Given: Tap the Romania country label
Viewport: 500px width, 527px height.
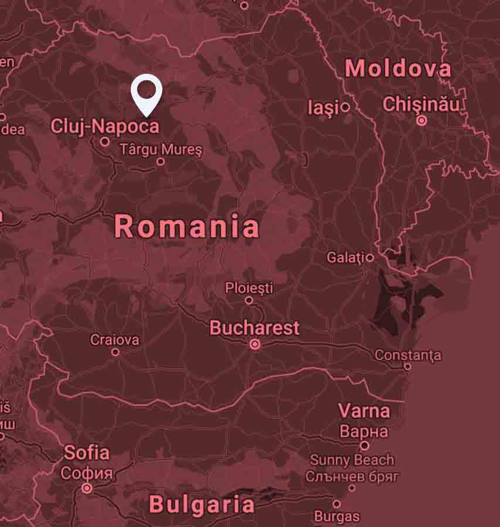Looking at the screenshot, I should point(186,227).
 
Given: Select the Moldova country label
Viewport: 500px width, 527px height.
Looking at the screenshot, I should point(398,69).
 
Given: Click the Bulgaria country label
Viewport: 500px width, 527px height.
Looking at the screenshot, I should point(202,504).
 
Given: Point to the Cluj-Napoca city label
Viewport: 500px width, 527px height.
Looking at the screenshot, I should point(105,126).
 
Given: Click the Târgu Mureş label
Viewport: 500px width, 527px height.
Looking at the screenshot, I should point(161,150).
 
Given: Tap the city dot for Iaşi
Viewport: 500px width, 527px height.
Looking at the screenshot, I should point(345,107).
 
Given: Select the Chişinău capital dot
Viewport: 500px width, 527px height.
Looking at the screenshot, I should point(421,121).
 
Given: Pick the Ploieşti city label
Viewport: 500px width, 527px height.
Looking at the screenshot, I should point(249,288).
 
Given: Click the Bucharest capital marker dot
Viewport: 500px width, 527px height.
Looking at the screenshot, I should point(255,345).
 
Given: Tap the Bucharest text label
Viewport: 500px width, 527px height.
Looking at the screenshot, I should point(254,328).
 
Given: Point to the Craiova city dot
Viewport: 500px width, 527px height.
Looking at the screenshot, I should point(115,352).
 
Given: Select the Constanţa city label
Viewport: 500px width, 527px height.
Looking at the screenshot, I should point(408,355).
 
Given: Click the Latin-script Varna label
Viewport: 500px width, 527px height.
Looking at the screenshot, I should point(364,411).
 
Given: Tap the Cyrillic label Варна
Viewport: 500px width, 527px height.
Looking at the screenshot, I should point(364,432).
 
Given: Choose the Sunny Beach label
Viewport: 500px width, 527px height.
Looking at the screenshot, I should point(352,460).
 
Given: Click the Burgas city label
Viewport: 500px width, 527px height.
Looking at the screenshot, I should point(337,516).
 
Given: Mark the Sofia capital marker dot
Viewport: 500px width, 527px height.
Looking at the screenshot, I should point(87,488).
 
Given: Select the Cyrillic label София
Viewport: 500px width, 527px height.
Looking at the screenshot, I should point(87,473).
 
